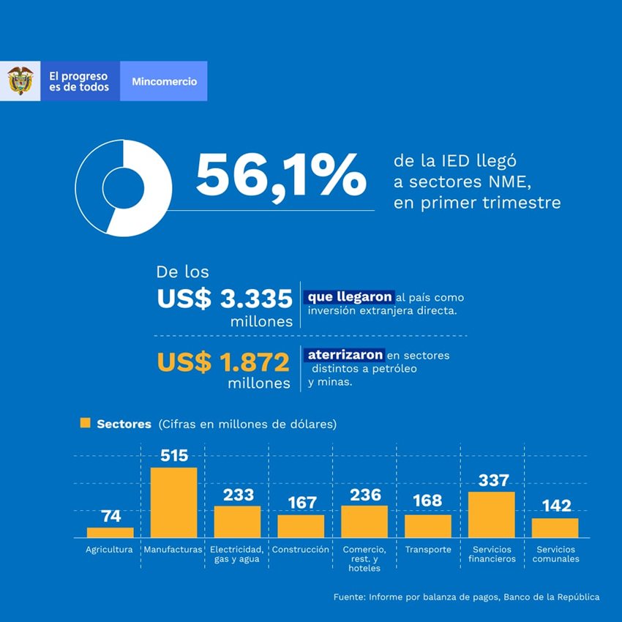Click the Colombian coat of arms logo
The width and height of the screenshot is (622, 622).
pyautogui.click(x=20, y=80)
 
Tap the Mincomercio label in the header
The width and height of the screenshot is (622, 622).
pyautogui.click(x=164, y=81)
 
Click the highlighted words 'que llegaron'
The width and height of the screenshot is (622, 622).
pyautogui.click(x=349, y=297)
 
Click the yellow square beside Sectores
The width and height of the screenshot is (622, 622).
pyautogui.click(x=85, y=423)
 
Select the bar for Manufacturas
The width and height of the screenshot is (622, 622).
pyautogui.click(x=173, y=502)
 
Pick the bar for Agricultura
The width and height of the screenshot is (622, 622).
pyautogui.click(x=110, y=532)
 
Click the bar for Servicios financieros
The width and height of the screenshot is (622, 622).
pyautogui.click(x=491, y=514)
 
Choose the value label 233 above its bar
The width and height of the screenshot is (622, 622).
pyautogui.click(x=238, y=495)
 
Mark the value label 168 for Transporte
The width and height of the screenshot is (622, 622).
pyautogui.click(x=427, y=501)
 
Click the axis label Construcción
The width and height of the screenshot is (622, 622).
pyautogui.click(x=300, y=549)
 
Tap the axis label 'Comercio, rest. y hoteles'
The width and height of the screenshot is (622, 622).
pyautogui.click(x=364, y=558)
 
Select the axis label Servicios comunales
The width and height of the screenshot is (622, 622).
pyautogui.click(x=555, y=554)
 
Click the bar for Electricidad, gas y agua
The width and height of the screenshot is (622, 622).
pyautogui.click(x=237, y=522)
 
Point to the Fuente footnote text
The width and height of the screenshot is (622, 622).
pyautogui.click(x=465, y=597)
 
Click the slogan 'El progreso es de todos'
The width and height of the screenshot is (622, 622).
pyautogui.click(x=78, y=81)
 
